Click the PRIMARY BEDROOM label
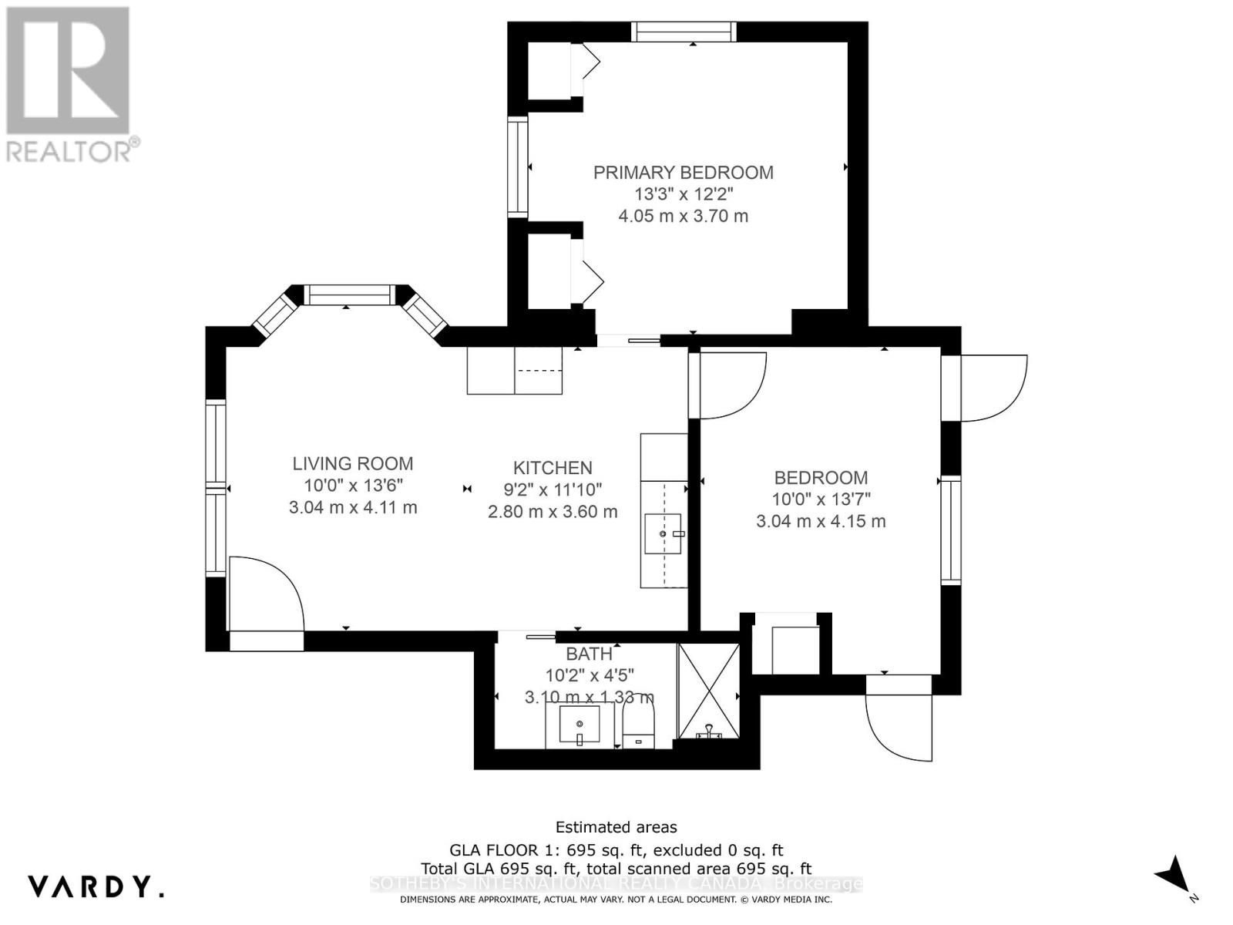(683, 173)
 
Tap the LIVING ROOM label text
(352, 463)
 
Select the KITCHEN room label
(553, 468)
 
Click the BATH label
(589, 654)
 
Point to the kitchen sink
(663, 533)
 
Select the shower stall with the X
(708, 691)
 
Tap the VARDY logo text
(96, 886)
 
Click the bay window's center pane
(349, 294)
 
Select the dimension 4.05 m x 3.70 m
(683, 217)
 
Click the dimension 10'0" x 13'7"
(821, 499)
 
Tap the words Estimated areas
(616, 827)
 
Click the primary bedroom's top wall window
(684, 32)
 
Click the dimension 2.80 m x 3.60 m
(553, 512)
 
